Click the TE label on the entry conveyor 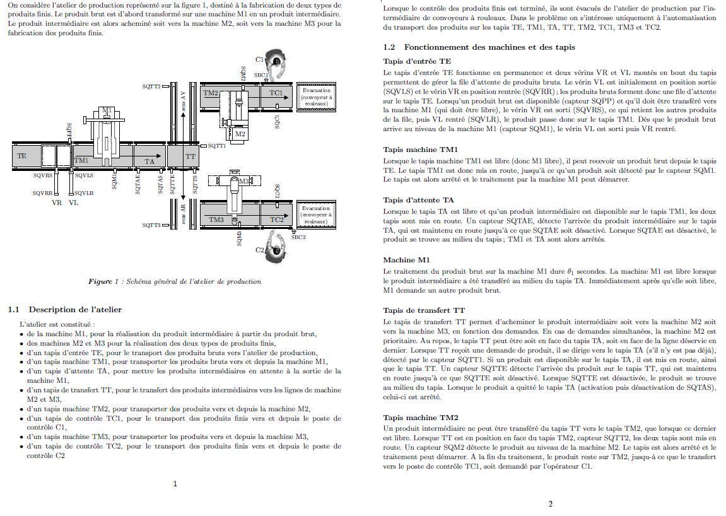pyautogui.click(x=22, y=156)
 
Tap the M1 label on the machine pyautogui.click(x=107, y=111)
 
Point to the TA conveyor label pyautogui.click(x=149, y=161)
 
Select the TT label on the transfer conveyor pyautogui.click(x=190, y=156)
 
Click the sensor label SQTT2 pyautogui.click(x=151, y=86)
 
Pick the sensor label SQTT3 pyautogui.click(x=151, y=225)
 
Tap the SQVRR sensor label pyautogui.click(x=43, y=193)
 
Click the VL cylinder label pyautogui.click(x=74, y=203)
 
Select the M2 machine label pyautogui.click(x=240, y=134)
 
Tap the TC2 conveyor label pyautogui.click(x=277, y=220)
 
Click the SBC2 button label pyautogui.click(x=298, y=237)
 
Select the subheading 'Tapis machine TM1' pyautogui.click(x=421, y=150)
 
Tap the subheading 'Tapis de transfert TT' pyautogui.click(x=424, y=310)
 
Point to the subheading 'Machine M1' pyautogui.click(x=406, y=260)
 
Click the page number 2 pyautogui.click(x=550, y=503)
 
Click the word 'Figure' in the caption pyautogui.click(x=100, y=281)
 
